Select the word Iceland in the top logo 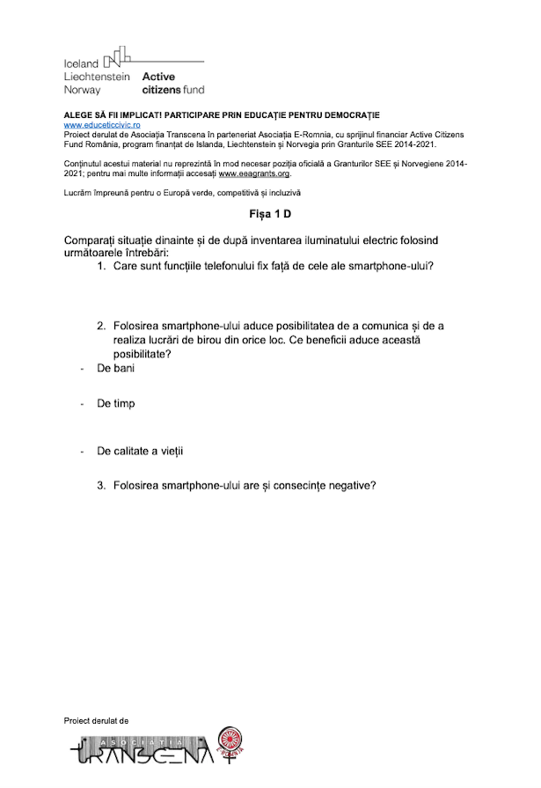[x=81, y=64]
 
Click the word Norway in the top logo [x=82, y=89]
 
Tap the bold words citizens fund [x=172, y=89]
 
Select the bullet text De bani [x=115, y=369]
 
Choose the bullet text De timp [x=115, y=403]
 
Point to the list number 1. [x=101, y=265]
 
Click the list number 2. [x=101, y=326]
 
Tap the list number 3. [x=101, y=484]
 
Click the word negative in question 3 [x=351, y=484]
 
